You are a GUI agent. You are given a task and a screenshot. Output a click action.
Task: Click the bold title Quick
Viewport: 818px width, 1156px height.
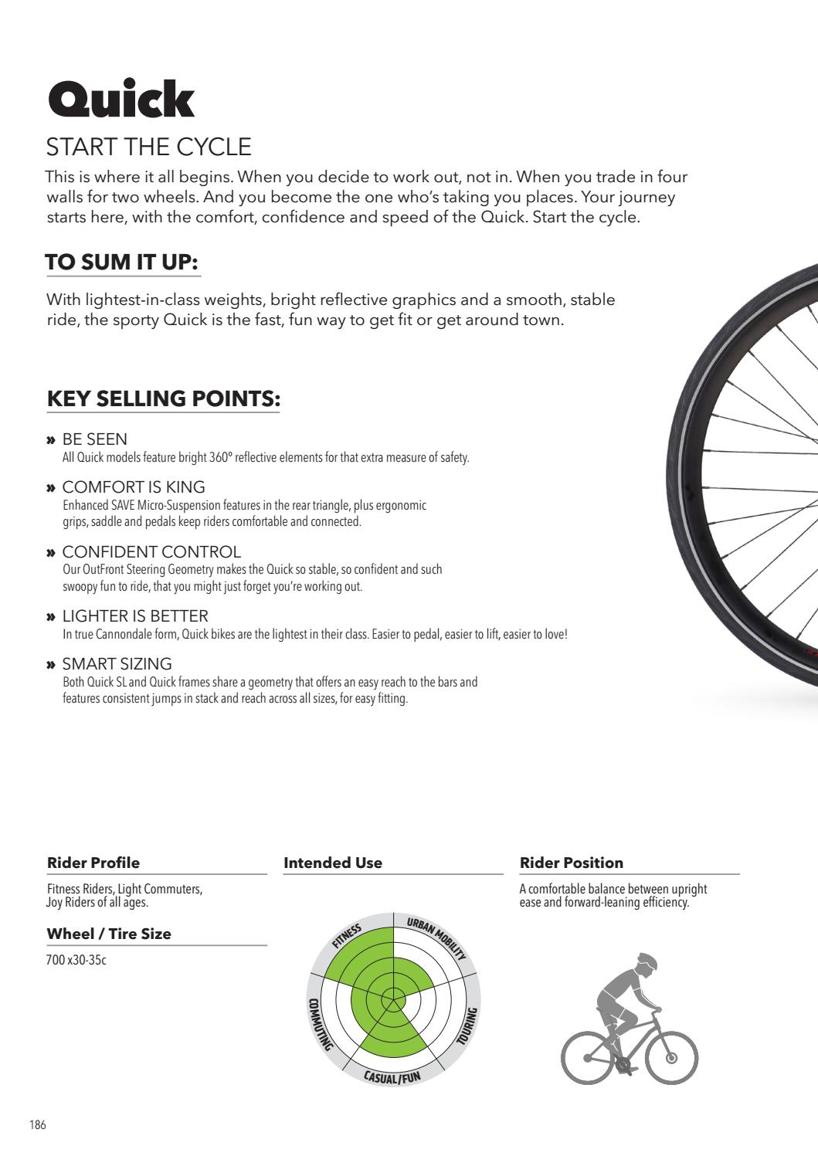pyautogui.click(x=121, y=100)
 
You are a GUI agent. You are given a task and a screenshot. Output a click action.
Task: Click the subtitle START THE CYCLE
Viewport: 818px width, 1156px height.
pyautogui.click(x=149, y=147)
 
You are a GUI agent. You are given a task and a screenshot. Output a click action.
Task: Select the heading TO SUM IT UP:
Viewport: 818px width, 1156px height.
pyautogui.click(x=123, y=263)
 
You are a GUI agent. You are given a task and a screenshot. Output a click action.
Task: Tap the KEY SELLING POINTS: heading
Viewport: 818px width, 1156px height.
pyautogui.click(x=163, y=398)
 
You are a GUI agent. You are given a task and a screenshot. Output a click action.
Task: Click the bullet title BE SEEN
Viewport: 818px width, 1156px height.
pyautogui.click(x=94, y=439)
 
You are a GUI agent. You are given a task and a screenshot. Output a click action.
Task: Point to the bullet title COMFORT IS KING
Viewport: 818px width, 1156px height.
pyautogui.click(x=133, y=487)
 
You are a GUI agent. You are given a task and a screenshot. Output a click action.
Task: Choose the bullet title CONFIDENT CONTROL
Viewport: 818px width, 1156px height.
pyautogui.click(x=151, y=552)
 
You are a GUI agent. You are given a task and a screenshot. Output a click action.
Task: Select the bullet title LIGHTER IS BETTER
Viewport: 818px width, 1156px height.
pyautogui.click(x=135, y=616)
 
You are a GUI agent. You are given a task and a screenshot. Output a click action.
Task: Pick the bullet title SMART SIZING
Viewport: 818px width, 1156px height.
pyautogui.click(x=117, y=664)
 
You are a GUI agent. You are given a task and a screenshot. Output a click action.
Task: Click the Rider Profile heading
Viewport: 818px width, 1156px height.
pyautogui.click(x=93, y=863)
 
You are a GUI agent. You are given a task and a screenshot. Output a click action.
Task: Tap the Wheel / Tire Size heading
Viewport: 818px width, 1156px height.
pyautogui.click(x=109, y=934)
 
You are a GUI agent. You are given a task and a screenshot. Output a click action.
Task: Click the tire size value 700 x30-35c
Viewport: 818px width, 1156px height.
pyautogui.click(x=76, y=961)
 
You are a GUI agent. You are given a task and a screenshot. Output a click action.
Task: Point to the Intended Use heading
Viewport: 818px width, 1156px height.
pyautogui.click(x=333, y=863)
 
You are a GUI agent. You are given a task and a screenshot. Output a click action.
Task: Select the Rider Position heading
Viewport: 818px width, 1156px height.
pyautogui.click(x=571, y=863)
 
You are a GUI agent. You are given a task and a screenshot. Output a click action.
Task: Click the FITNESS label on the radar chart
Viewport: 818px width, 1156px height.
pyautogui.click(x=347, y=934)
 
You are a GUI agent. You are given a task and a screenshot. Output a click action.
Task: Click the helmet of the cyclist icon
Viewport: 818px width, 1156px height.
pyautogui.click(x=647, y=961)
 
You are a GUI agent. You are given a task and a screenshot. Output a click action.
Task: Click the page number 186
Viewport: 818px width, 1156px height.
pyautogui.click(x=38, y=1125)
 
